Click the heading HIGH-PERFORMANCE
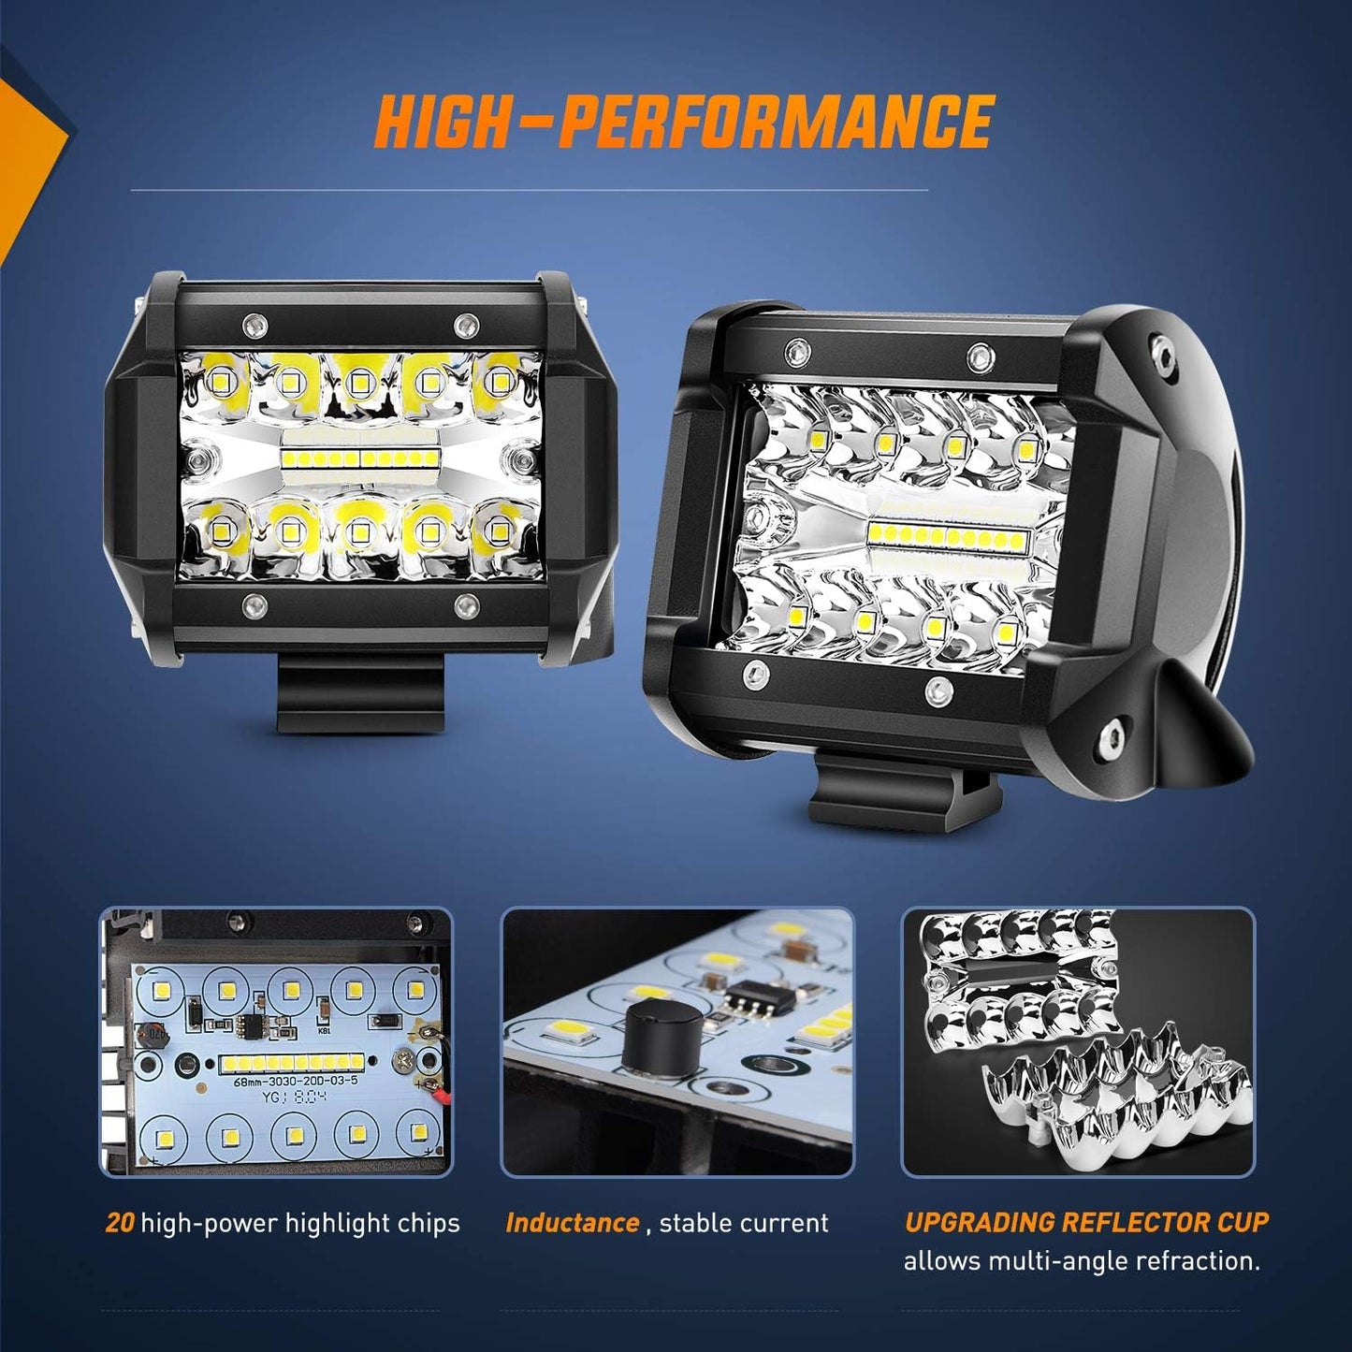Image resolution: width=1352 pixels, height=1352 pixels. coord(683,122)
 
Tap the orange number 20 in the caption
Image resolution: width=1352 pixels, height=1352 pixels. coord(120,1223)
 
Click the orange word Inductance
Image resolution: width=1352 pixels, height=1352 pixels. coord(572,1223)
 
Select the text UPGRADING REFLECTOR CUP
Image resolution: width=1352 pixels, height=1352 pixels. coord(1086,1222)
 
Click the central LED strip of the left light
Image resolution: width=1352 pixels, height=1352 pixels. coord(360,458)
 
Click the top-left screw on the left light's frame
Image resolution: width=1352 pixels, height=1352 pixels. coord(251,325)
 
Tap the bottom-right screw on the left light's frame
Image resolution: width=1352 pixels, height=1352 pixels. coord(463,605)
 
